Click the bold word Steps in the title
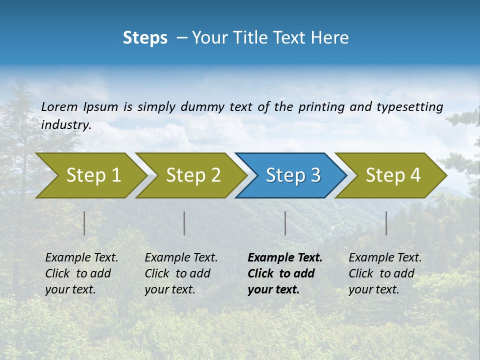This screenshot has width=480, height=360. pos(145,38)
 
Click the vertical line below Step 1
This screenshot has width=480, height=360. pos(84,223)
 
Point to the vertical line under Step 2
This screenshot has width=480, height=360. pos(184,223)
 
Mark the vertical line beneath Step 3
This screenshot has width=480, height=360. pos(285,223)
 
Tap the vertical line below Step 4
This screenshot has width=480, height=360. pos(386,223)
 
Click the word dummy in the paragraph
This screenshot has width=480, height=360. pos(202,107)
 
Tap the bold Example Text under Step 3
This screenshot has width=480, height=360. pos(285,258)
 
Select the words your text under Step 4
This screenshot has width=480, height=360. pos(374,289)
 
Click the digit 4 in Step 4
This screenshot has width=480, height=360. pos(415,175)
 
